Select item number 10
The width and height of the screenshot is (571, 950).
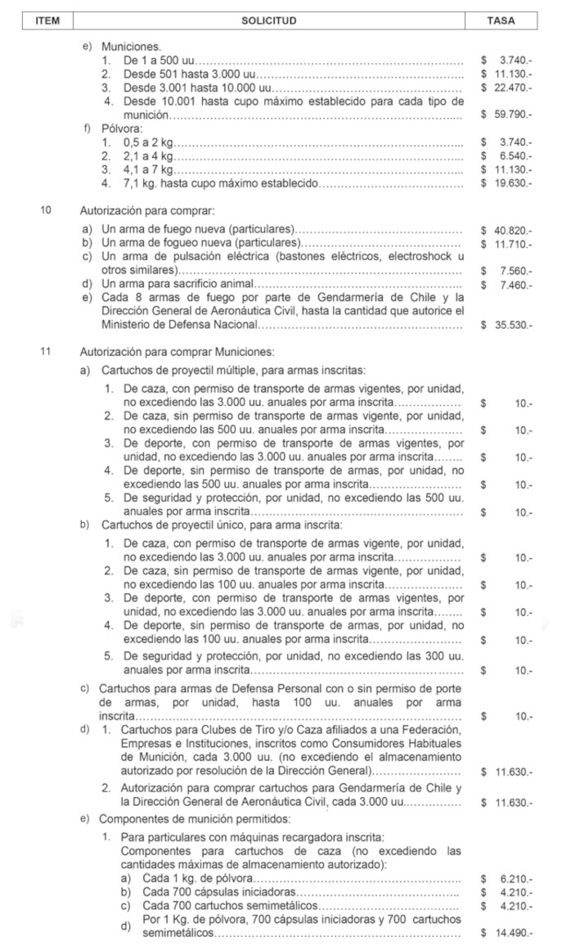(46, 209)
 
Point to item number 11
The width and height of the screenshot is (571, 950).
(46, 352)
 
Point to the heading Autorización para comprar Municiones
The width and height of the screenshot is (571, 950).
(176, 352)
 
